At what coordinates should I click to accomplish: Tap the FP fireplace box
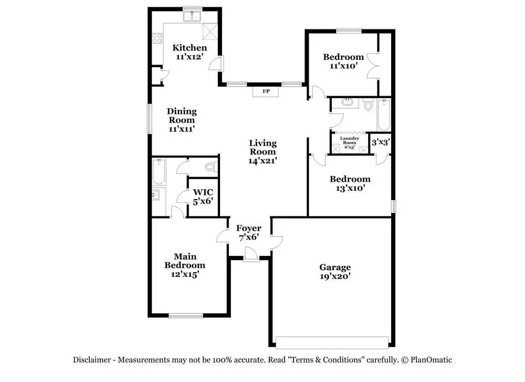(266, 92)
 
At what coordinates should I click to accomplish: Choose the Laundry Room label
(350, 142)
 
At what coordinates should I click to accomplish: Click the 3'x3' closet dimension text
(380, 142)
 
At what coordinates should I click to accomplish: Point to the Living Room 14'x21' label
(262, 152)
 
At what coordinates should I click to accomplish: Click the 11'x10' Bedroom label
(343, 61)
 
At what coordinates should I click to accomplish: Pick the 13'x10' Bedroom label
(350, 183)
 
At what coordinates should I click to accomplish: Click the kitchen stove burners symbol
(156, 37)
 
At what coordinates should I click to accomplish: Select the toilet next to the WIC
(210, 167)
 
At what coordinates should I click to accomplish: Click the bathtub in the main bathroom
(158, 171)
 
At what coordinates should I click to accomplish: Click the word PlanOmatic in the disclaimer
(431, 360)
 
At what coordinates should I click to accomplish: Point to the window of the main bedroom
(186, 315)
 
